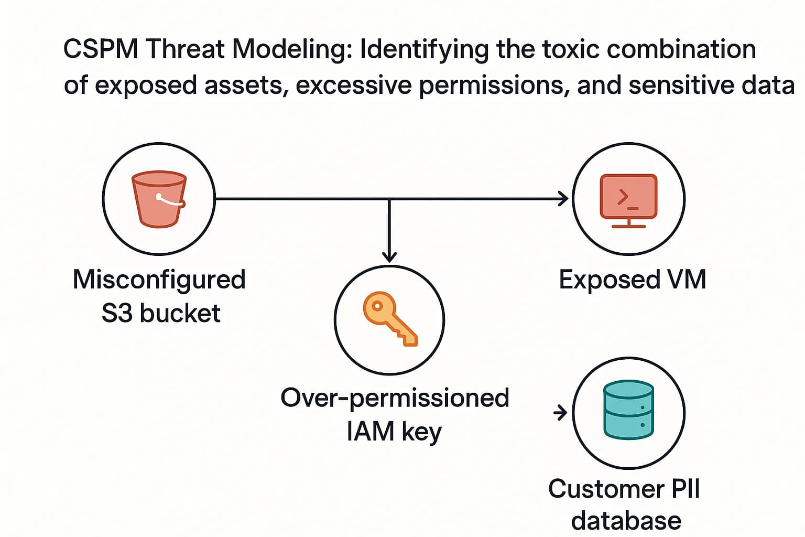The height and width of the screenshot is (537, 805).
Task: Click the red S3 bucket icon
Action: coord(159,199)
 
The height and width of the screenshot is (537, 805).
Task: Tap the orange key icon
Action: coord(389,319)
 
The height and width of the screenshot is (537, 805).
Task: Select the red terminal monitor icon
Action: coord(628,199)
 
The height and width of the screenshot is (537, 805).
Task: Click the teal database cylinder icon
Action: coord(628,410)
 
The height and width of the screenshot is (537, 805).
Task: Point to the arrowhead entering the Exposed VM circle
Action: coord(564,199)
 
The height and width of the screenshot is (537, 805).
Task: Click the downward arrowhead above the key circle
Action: coord(389,256)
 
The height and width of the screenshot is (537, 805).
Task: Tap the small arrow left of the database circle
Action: coord(560,413)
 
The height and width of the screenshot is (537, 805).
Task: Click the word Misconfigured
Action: coord(159,280)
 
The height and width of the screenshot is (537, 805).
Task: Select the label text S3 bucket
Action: coord(161,313)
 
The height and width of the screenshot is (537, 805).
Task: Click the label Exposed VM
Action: coord(632,280)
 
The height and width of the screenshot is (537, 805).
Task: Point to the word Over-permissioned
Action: coord(395,398)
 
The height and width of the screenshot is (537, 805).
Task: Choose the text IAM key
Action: coord(394,431)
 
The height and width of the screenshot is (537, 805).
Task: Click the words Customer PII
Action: coord(624,489)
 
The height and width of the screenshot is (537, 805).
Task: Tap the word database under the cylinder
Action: coord(626,521)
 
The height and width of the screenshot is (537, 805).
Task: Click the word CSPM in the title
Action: coord(101,49)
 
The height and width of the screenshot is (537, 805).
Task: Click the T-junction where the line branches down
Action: coord(389,199)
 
